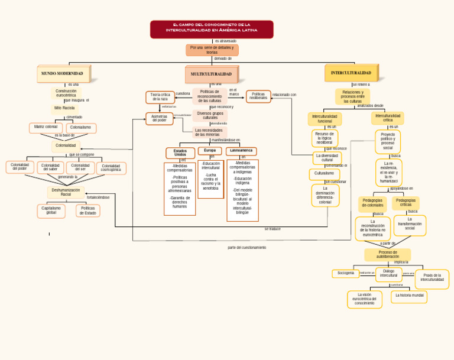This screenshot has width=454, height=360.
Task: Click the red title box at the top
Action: [212, 30]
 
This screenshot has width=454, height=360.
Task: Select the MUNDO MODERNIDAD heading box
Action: [62, 74]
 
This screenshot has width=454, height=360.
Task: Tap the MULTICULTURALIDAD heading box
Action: [211, 74]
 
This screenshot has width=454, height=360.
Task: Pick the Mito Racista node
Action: [64, 108]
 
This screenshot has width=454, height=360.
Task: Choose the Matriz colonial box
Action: [46, 128]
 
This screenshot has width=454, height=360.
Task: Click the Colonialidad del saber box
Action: [50, 167]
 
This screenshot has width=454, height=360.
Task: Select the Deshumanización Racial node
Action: [66, 192]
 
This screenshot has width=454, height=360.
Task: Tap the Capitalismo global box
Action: [51, 210]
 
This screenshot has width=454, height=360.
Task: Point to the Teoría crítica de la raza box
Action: [160, 97]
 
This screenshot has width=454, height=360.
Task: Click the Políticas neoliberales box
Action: [258, 96]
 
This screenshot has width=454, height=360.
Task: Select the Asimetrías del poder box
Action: [160, 118]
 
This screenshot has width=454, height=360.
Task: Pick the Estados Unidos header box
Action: [180, 153]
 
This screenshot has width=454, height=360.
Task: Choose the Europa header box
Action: [210, 151]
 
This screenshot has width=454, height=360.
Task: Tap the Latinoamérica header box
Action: [241, 151]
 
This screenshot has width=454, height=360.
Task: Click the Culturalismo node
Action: [324, 174]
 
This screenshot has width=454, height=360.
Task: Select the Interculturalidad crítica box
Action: [388, 118]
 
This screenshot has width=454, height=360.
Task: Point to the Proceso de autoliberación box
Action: [388, 255]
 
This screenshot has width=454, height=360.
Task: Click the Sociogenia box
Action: [346, 274]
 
